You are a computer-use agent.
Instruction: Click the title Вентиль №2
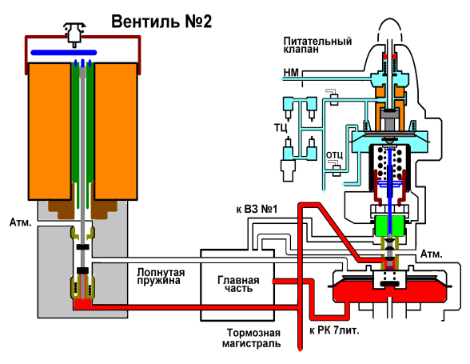[x=161, y=22]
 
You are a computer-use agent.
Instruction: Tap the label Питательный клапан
[x=317, y=45]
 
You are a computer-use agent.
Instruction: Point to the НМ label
[x=291, y=72]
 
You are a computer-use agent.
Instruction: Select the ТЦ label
[x=281, y=127]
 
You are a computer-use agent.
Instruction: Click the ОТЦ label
[x=334, y=155]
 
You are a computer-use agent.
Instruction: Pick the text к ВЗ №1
[x=257, y=209]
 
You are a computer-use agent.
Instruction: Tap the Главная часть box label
[x=238, y=284]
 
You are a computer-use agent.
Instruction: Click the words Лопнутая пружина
[x=161, y=276]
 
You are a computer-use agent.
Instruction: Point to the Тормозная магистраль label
[x=251, y=338]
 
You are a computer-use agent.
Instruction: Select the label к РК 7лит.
[x=334, y=330]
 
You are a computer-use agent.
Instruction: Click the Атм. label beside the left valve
[x=21, y=222]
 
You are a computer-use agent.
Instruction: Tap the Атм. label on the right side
[x=432, y=254]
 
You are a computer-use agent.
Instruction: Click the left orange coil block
[x=50, y=131]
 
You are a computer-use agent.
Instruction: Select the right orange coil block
[x=116, y=131]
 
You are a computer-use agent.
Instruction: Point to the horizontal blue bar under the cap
[x=64, y=53]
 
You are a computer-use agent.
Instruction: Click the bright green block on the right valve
[x=389, y=226]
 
